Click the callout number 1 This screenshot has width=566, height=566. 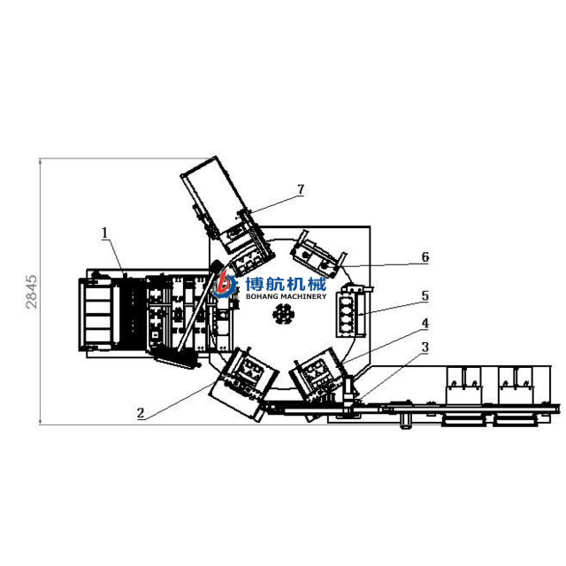tap(104, 233)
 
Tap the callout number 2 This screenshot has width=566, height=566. tap(141, 413)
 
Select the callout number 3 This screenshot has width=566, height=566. tap(424, 348)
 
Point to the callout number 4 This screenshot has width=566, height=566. tap(424, 323)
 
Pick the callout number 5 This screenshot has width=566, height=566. tap(424, 295)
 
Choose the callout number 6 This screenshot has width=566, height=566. tap(425, 257)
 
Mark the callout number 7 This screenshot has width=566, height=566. tap(301, 189)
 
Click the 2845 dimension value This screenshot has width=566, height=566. tap(32, 292)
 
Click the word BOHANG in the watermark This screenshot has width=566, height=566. tap(262, 296)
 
